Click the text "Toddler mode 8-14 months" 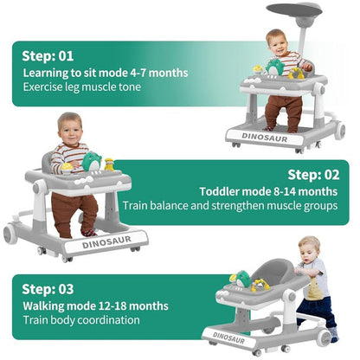(268, 191)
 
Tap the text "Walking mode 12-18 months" (98, 305)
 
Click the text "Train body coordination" (81, 320)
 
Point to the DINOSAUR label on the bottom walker (234, 337)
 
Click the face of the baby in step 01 (277, 42)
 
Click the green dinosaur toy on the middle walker (92, 161)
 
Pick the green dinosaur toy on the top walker (275, 67)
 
